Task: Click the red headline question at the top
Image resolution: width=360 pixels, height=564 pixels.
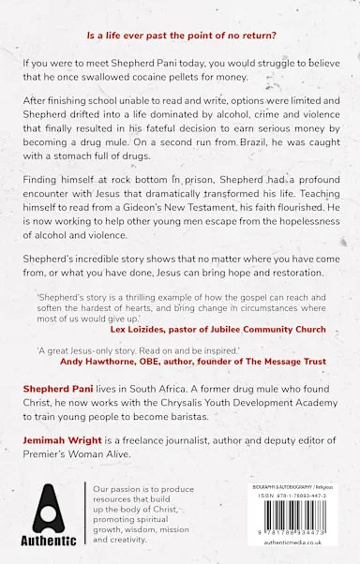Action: point(181,35)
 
